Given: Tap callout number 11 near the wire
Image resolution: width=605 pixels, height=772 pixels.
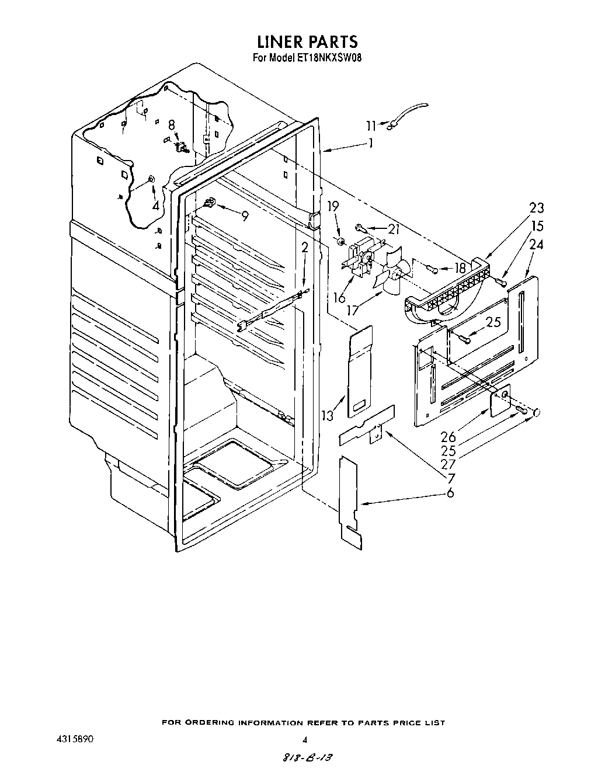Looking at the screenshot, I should pyautogui.click(x=371, y=124).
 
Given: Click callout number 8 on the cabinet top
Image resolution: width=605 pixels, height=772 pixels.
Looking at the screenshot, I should pyautogui.click(x=171, y=124).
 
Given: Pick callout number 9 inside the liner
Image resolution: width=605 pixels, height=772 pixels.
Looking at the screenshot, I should pyautogui.click(x=244, y=216).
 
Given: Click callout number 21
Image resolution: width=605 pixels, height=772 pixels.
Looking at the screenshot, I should pyautogui.click(x=394, y=229).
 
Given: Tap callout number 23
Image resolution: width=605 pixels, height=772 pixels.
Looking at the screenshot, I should pyautogui.click(x=537, y=208).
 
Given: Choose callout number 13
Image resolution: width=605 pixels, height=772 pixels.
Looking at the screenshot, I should pyautogui.click(x=327, y=415).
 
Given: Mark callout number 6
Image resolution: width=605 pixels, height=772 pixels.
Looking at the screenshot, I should pyautogui.click(x=450, y=493).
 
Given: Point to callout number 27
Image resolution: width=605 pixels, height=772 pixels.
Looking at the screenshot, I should pyautogui.click(x=448, y=464).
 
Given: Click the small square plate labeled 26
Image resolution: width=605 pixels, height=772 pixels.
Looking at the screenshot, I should pyautogui.click(x=500, y=400).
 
